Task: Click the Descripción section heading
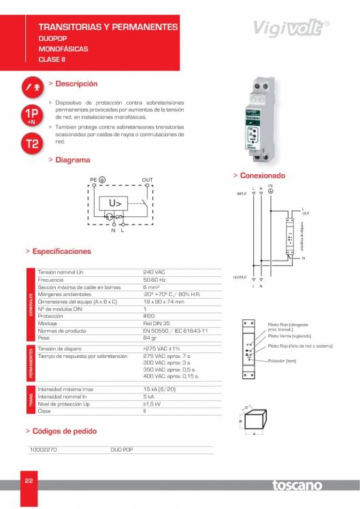point(76,84)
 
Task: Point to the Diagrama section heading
point(72,160)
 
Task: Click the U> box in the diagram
point(115,203)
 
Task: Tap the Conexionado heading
point(262,176)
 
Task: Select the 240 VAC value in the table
point(154,272)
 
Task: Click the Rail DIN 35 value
point(157,323)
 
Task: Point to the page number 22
point(29,481)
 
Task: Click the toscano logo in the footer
point(299,485)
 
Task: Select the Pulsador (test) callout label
point(282,361)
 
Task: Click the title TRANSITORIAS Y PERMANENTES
point(108,27)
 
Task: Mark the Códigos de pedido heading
point(65,431)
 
